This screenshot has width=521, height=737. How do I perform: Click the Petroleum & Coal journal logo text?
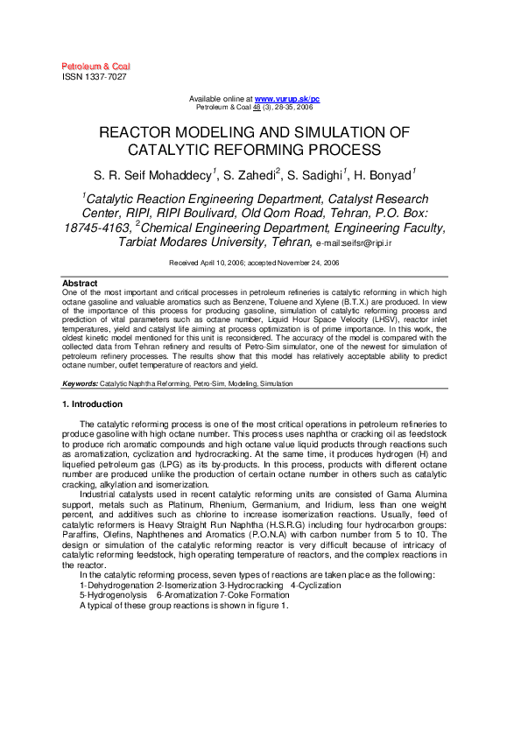tap(95, 67)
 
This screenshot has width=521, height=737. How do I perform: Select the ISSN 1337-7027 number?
tap(94, 77)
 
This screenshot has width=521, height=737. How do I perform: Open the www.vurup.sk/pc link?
tap(286, 99)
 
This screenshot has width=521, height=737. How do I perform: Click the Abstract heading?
tap(79, 284)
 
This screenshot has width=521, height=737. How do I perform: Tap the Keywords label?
tap(80, 383)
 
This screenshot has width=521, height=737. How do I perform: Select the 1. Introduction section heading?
tap(92, 404)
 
